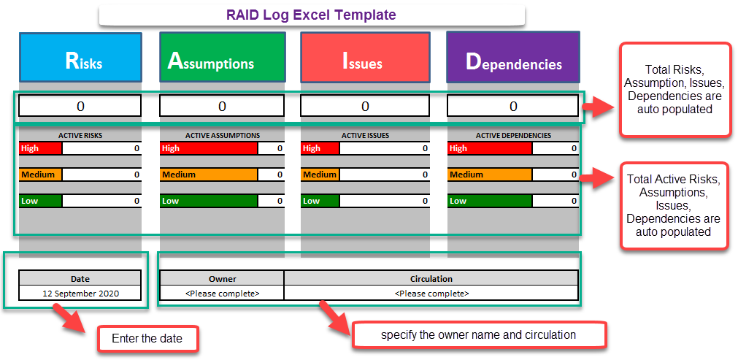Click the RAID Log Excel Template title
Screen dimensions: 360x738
[x=312, y=15]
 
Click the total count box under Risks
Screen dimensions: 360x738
[x=80, y=106]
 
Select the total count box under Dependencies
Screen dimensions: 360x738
[x=513, y=106]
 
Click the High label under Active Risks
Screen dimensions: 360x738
[x=41, y=148]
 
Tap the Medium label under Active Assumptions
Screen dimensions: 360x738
[x=208, y=175]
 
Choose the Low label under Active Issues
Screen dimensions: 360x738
[x=320, y=201]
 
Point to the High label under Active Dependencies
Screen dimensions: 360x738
[x=489, y=148]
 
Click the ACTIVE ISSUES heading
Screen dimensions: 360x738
[x=365, y=135]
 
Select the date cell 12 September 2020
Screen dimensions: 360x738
[x=80, y=293]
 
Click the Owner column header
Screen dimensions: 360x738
[x=222, y=278]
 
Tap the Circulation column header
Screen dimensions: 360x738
[x=431, y=278]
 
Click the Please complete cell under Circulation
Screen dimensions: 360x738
[x=431, y=293]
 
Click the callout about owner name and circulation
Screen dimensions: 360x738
[x=479, y=334]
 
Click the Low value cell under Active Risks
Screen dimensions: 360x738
[x=101, y=201]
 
